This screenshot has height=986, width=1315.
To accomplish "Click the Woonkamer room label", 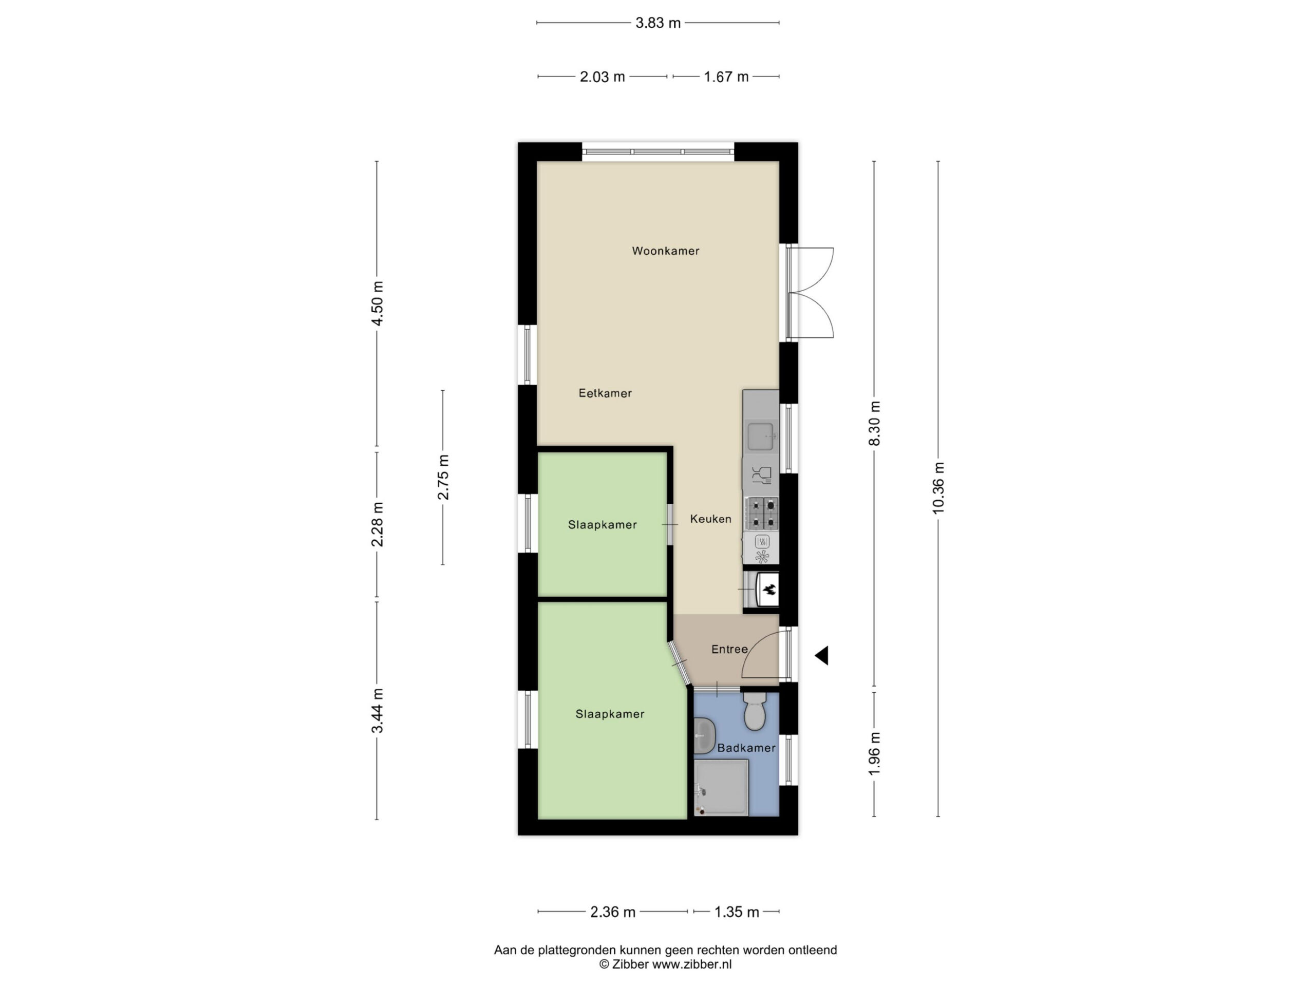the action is [665, 251].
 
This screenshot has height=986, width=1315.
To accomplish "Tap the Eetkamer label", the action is [605, 393].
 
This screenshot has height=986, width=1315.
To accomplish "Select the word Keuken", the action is [710, 519].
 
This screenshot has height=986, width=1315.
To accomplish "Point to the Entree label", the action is [729, 649].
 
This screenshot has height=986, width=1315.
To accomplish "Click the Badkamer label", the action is [746, 748].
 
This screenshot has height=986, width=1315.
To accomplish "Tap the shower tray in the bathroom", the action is [721, 787].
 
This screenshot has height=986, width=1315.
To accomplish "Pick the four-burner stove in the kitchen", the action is [762, 514].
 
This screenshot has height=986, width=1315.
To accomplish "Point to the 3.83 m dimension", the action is [658, 23].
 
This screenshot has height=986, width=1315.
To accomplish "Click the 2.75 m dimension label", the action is [443, 477].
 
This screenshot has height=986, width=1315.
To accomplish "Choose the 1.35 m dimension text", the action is [737, 912].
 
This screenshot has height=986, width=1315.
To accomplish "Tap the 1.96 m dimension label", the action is [874, 753].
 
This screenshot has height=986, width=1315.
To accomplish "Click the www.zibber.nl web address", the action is [692, 964].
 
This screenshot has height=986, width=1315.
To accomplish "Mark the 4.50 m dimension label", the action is [377, 303].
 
